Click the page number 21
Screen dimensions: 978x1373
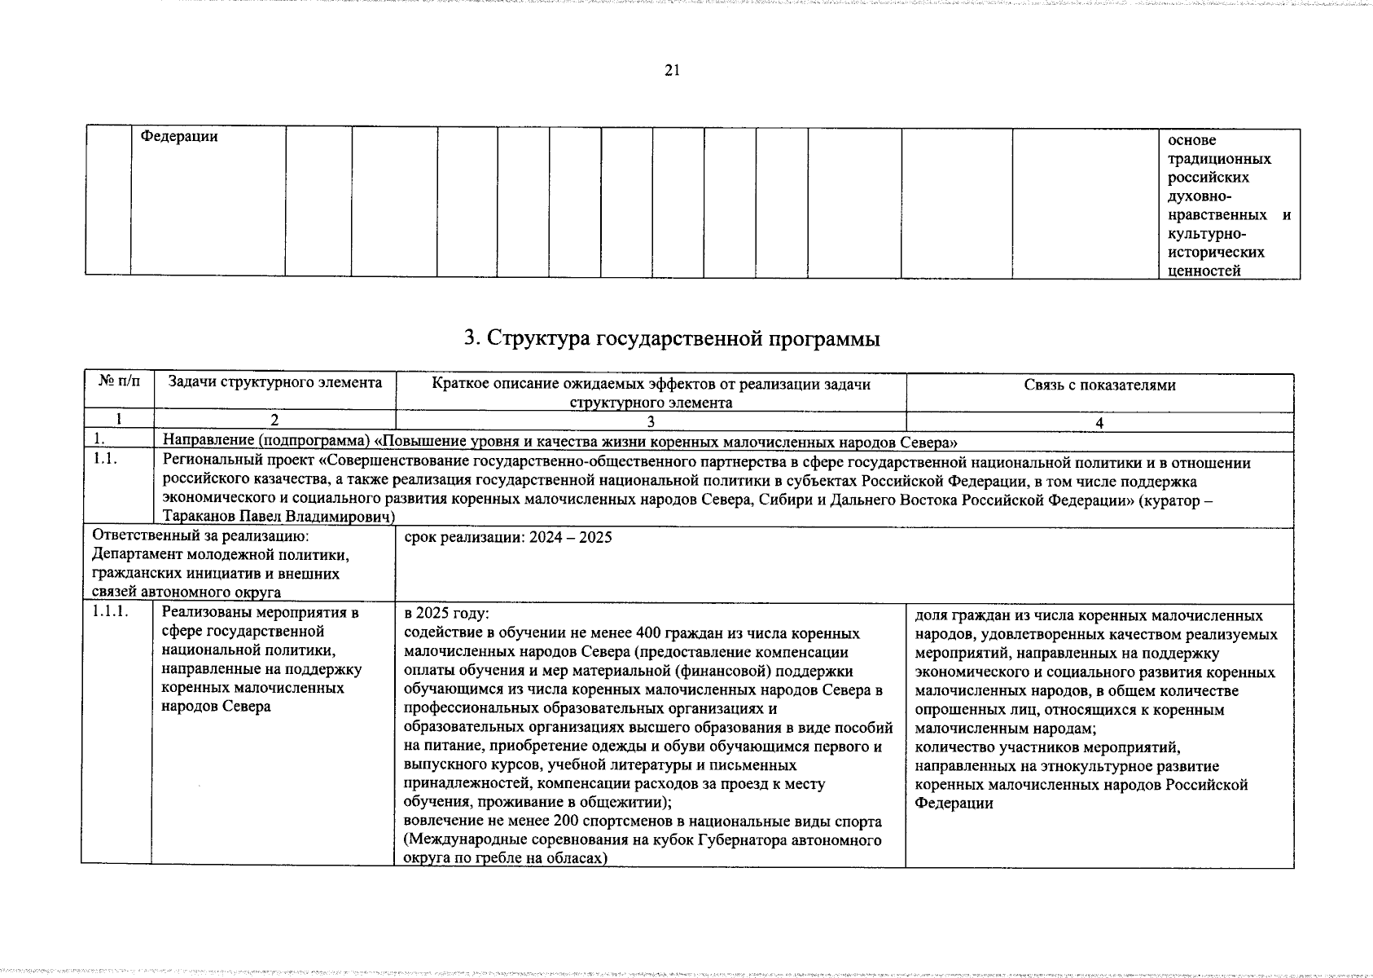pyautogui.click(x=672, y=70)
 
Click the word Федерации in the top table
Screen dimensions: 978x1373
pyautogui.click(x=179, y=137)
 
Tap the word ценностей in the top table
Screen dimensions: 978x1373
pyautogui.click(x=1204, y=271)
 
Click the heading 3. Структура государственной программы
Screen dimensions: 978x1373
pyautogui.click(x=672, y=338)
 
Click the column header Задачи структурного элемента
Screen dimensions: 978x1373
pyautogui.click(x=274, y=382)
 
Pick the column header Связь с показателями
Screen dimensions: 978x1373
pyautogui.click(x=1099, y=385)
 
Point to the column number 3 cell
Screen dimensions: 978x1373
pyautogui.click(x=650, y=422)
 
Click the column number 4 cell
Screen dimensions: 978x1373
pyautogui.click(x=1099, y=423)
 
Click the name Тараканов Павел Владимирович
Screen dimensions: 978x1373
pyautogui.click(x=279, y=517)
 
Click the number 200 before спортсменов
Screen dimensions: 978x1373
pyautogui.click(x=566, y=822)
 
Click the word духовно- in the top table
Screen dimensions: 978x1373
pyautogui.click(x=1199, y=196)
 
